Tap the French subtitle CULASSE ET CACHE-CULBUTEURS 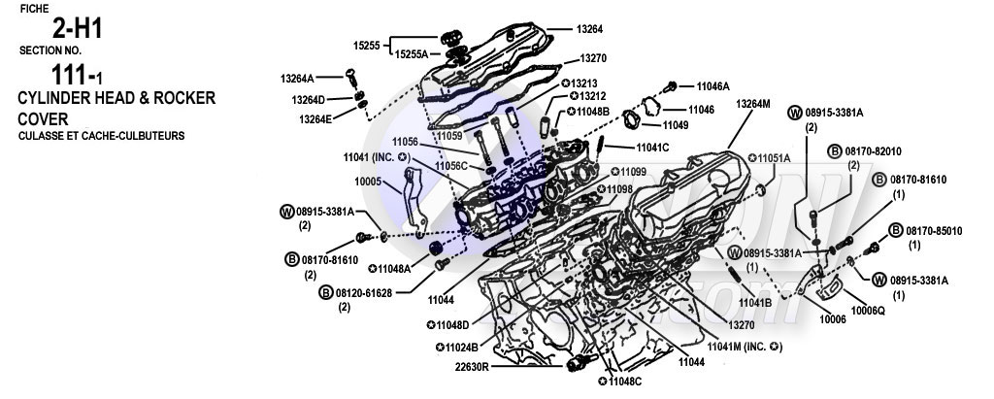coord(101,136)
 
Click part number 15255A coord(411,54)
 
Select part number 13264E coord(316,118)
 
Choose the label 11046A coord(712,86)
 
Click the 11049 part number coord(676,125)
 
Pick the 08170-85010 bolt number coord(933,231)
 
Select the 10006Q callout coord(867,310)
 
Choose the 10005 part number coord(370,181)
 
